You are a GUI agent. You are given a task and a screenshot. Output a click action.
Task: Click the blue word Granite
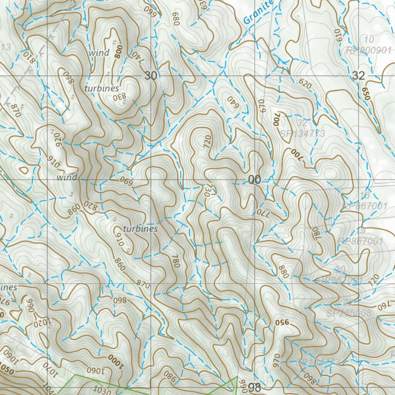pos(258,12)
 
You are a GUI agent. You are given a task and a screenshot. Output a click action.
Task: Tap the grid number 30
pos(151,76)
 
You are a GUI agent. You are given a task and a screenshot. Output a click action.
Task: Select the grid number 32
pos(358,76)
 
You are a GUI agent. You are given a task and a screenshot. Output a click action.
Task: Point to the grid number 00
pos(255,180)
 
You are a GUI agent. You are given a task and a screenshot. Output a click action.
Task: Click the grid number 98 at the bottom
pos(255,388)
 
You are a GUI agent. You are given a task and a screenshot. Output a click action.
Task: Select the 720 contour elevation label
pos(205,142)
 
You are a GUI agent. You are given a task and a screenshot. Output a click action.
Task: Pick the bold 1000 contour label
pos(115,361)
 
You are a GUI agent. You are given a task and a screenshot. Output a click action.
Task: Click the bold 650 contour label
pos(365,94)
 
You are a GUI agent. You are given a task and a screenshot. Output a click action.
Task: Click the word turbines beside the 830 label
pos(102,88)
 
